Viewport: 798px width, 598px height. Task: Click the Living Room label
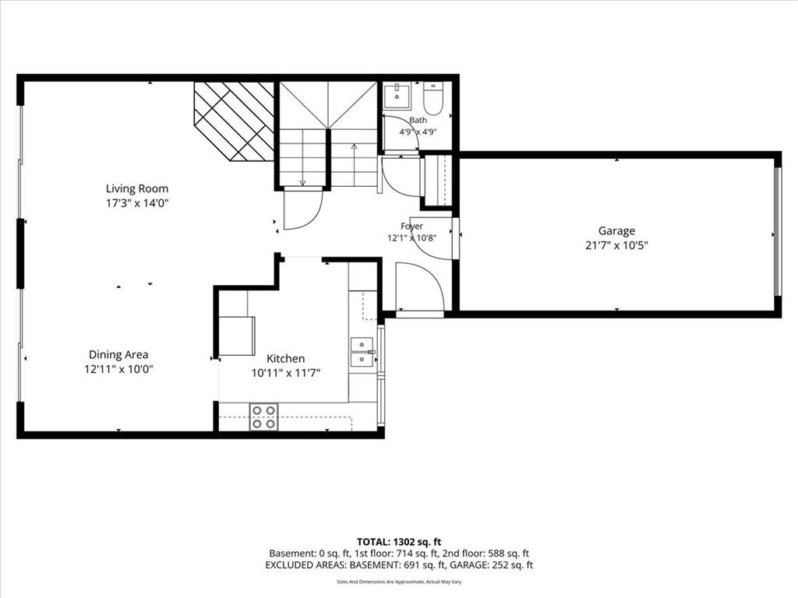137,188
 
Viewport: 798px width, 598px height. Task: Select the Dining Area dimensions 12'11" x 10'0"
118,369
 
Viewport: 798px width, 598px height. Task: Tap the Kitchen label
285,358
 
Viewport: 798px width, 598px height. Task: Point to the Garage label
616,230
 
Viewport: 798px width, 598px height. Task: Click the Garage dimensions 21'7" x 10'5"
616,245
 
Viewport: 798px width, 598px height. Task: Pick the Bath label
418,120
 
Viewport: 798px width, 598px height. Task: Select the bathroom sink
397,96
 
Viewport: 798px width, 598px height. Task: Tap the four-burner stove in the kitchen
263,417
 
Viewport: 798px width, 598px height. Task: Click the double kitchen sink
362,352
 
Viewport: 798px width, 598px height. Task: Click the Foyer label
411,227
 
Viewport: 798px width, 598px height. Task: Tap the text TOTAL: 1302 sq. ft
398,542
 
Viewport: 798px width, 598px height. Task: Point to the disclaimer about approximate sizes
399,582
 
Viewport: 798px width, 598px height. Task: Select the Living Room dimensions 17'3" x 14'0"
137,203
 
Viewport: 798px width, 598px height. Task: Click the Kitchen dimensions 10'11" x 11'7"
285,373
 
